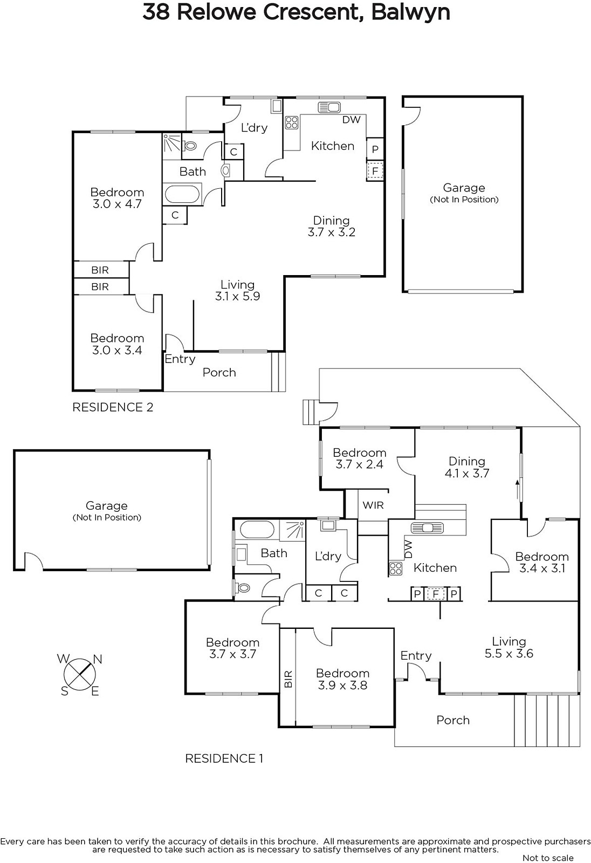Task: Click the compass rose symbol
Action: [80, 674]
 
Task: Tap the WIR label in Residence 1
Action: [373, 505]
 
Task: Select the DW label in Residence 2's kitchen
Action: [351, 120]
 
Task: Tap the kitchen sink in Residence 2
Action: [328, 107]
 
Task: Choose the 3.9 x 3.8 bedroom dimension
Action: [342, 686]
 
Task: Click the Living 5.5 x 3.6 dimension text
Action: [508, 654]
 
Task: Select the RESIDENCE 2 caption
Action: [113, 407]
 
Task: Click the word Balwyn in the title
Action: [410, 12]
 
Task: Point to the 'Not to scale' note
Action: [548, 858]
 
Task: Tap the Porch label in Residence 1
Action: [453, 720]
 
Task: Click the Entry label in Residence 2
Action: [180, 359]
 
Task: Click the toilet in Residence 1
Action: [242, 587]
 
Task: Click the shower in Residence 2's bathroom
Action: [172, 143]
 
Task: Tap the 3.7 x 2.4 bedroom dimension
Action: [359, 464]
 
